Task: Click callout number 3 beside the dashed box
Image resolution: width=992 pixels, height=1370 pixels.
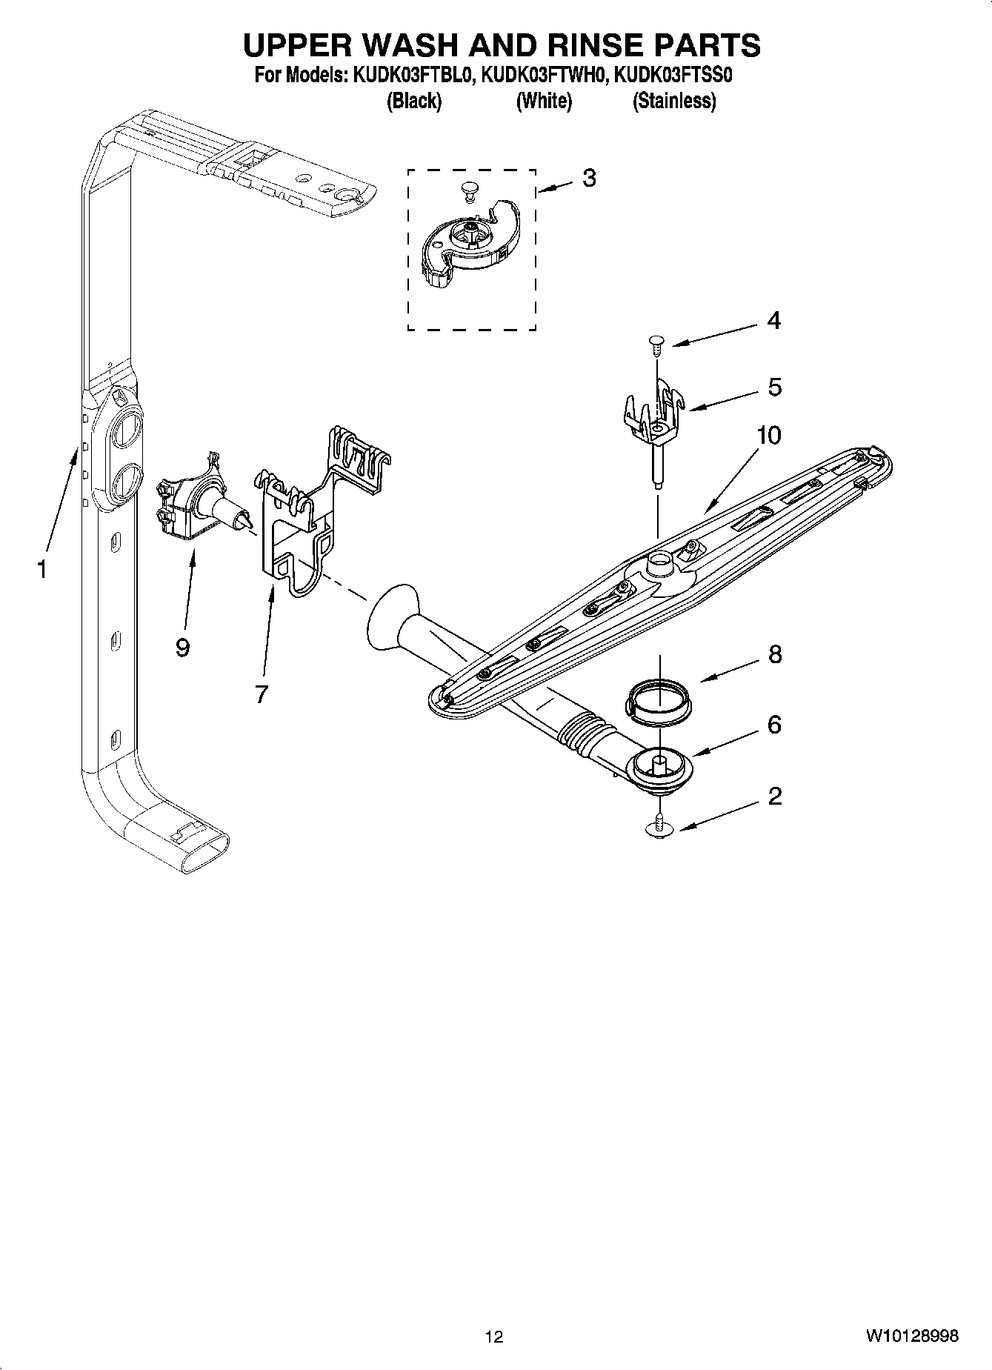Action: [589, 178]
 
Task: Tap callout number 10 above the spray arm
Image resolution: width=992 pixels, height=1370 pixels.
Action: [769, 436]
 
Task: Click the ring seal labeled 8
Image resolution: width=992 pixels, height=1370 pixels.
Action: [659, 700]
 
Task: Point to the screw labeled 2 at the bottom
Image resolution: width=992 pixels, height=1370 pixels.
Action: [659, 826]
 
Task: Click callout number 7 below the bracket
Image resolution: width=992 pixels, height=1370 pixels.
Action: [261, 694]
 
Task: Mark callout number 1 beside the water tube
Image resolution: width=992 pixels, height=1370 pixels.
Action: [42, 569]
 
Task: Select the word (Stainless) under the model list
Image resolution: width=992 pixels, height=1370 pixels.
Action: [673, 101]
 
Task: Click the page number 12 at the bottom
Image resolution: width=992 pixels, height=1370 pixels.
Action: [494, 1337]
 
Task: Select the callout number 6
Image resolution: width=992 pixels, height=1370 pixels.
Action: [774, 725]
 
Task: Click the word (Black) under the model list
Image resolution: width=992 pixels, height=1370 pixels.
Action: [414, 101]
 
